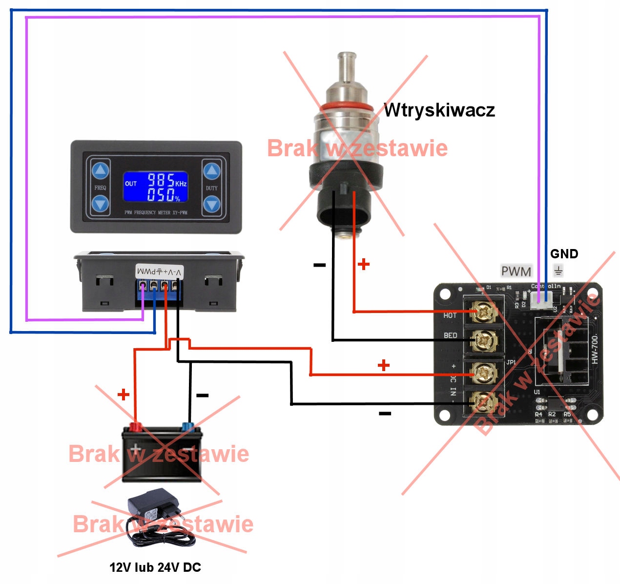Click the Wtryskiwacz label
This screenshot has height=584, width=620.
[x=439, y=110]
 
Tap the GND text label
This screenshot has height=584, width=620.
[x=564, y=254]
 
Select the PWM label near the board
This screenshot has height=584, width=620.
[x=516, y=271]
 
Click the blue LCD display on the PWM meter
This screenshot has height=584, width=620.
[x=155, y=187]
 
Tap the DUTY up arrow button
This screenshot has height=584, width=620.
[x=212, y=171]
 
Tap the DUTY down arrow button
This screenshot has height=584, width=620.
[x=212, y=203]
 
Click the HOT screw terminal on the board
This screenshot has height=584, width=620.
[x=484, y=312]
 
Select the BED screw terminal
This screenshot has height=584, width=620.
[x=484, y=340]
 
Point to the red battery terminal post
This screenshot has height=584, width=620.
[x=135, y=427]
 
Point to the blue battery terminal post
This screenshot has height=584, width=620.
[x=187, y=427]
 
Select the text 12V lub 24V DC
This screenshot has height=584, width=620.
[x=155, y=567]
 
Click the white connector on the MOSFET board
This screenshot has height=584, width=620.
[x=541, y=300]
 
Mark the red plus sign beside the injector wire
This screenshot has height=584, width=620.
[x=364, y=265]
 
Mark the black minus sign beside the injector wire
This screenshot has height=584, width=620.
[x=319, y=265]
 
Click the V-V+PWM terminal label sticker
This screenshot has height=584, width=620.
[x=159, y=272]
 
